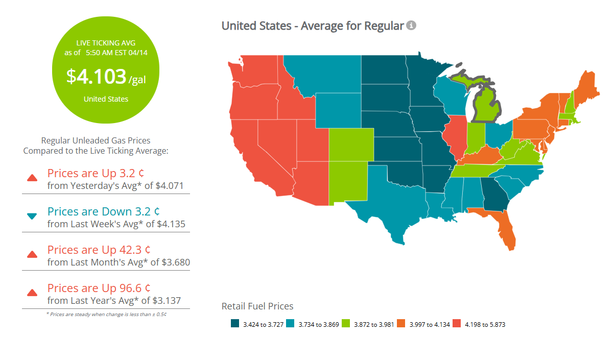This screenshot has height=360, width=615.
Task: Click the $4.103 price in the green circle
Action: click(96, 77)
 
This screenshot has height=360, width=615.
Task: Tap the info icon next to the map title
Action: click(411, 26)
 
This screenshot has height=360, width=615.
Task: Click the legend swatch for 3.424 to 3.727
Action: click(235, 324)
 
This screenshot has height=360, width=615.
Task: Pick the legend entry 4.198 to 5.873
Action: click(484, 324)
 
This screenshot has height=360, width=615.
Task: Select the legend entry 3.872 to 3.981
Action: click(372, 324)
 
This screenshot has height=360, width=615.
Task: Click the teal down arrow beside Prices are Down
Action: click(32, 217)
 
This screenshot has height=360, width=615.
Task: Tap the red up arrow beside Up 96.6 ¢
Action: click(32, 293)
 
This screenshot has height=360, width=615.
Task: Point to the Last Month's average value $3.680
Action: click(175, 262)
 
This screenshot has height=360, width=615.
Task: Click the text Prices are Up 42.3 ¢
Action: click(99, 250)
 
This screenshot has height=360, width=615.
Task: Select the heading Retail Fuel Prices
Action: click(257, 306)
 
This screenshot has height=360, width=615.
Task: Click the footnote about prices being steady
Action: click(106, 314)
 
